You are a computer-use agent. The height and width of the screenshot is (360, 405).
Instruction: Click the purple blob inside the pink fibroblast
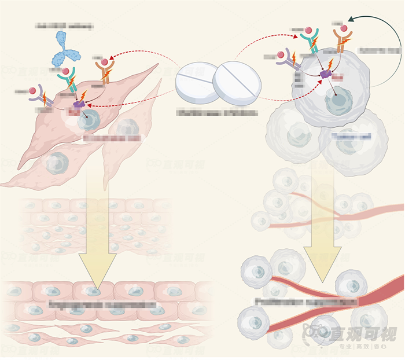point(78,104)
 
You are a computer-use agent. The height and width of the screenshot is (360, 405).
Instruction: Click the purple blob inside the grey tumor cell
point(325,74)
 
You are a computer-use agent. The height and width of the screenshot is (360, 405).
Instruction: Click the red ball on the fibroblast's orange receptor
point(105,62)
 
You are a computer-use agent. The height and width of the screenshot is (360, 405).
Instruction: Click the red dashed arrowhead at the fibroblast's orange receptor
point(112,56)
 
